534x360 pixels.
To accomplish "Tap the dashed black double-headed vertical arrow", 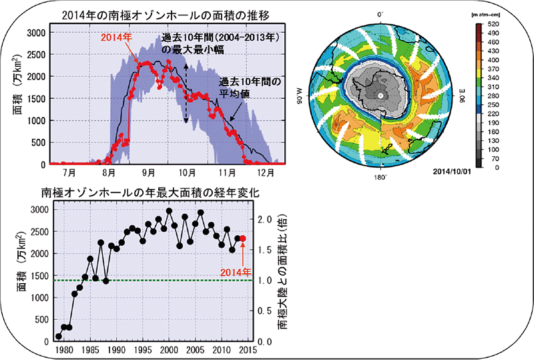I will pos(186,94).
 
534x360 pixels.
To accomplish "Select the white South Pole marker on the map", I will pos(380,96).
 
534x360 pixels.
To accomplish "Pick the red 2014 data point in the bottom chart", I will pos(243,238).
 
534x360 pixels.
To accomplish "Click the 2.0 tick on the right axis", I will pos(264,219).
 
